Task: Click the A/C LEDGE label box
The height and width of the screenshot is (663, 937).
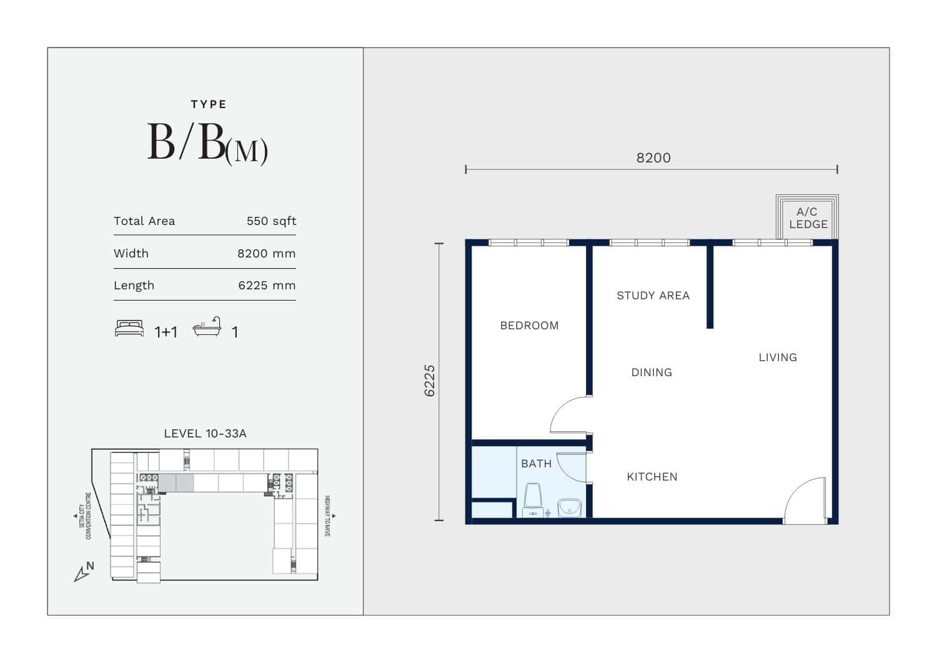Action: (x=807, y=217)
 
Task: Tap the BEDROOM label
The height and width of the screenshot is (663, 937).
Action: (x=529, y=326)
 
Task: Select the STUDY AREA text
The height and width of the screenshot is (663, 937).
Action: (x=653, y=296)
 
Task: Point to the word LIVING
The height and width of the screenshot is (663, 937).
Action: (x=778, y=357)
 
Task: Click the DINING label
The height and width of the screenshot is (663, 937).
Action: (x=652, y=372)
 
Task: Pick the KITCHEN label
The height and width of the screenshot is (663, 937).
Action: (x=652, y=477)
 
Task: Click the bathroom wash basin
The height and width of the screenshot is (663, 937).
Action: (x=569, y=507)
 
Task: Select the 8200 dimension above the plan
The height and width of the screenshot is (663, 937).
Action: (x=653, y=158)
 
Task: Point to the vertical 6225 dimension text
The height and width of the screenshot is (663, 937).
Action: (x=430, y=381)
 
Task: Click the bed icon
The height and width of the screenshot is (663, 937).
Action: (x=129, y=328)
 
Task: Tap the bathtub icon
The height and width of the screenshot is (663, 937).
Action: (x=207, y=326)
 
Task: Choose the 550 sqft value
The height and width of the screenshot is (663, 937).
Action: (x=271, y=221)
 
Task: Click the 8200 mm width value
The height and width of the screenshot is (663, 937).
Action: (x=267, y=254)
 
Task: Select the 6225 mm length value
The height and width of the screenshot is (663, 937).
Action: (x=267, y=286)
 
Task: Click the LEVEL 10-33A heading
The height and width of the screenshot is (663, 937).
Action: (x=205, y=434)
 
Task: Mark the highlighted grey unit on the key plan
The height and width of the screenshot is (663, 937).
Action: (x=176, y=483)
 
